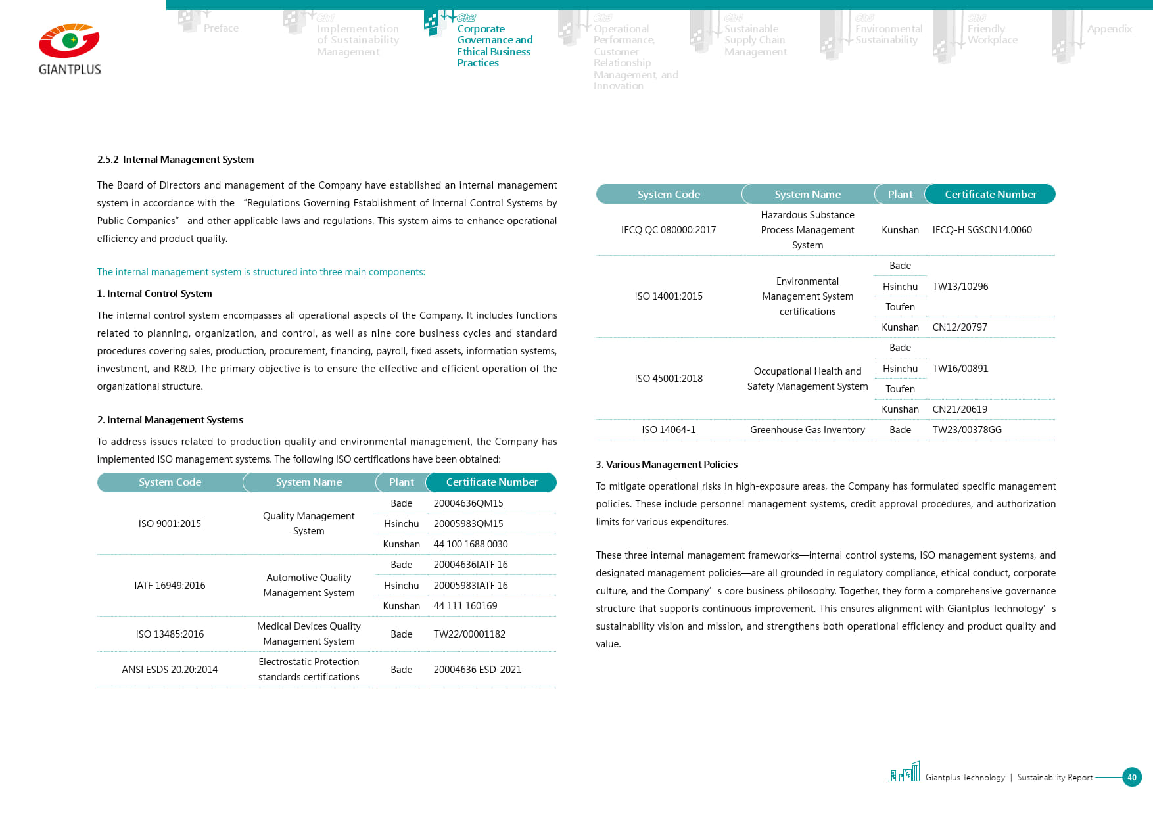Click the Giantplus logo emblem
click(69, 41)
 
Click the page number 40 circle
click(1131, 777)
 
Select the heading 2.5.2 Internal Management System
click(175, 160)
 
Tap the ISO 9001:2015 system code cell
click(170, 524)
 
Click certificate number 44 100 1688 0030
click(471, 544)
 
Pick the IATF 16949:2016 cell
click(170, 586)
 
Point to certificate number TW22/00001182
click(469, 634)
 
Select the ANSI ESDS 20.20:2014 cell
click(170, 670)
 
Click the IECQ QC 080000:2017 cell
click(669, 230)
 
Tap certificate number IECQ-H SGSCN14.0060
click(982, 230)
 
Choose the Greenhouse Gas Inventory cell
click(807, 430)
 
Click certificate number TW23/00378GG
click(967, 430)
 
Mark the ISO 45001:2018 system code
click(669, 379)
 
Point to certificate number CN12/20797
click(960, 327)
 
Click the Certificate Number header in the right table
click(990, 195)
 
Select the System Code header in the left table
click(170, 482)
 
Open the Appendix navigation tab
click(1109, 29)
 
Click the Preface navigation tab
click(221, 28)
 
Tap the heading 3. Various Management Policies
click(667, 465)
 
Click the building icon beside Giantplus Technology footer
click(906, 773)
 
